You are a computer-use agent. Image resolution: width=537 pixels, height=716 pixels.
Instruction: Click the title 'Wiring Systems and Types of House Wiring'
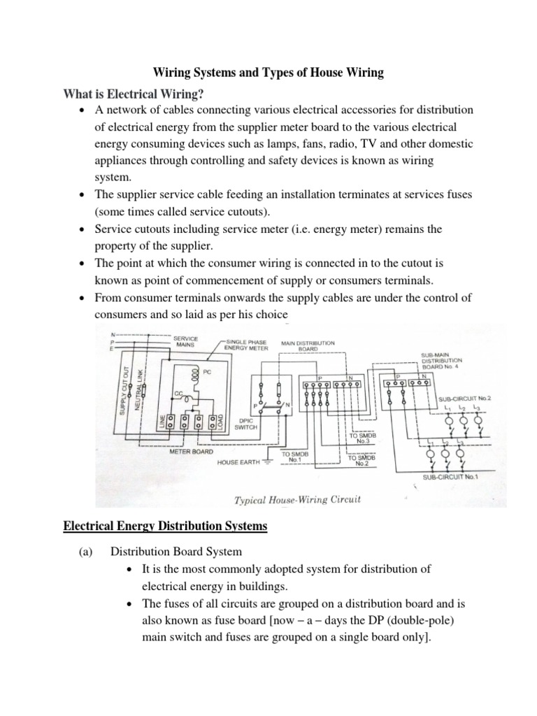tap(268, 72)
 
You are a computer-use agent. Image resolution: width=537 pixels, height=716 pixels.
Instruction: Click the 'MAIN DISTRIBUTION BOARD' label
tap(308, 346)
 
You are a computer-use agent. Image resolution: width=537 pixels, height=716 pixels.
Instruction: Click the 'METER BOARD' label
tap(190, 452)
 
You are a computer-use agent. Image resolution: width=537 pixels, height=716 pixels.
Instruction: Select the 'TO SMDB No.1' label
tap(295, 457)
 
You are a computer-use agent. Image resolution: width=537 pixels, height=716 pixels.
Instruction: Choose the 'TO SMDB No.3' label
tap(362, 438)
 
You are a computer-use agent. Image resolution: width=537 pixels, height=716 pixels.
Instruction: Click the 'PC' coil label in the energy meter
tap(207, 372)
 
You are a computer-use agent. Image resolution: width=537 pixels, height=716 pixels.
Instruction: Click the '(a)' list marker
tap(86, 552)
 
